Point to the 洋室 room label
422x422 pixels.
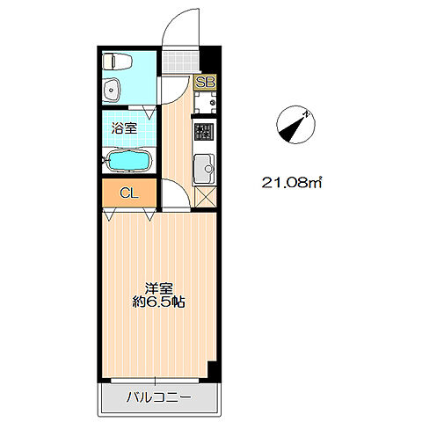click(159, 287)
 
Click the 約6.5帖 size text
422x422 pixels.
click(159, 302)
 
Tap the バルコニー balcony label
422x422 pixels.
click(157, 397)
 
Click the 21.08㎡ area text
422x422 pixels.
click(292, 184)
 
